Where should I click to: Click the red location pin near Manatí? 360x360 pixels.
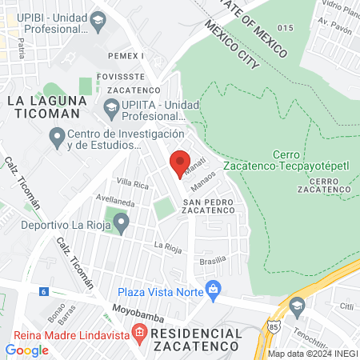click(179, 163)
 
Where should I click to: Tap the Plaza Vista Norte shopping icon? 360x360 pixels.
click(213, 288)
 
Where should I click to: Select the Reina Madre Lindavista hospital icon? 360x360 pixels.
click(140, 331)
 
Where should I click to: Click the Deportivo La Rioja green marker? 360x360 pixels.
click(120, 223)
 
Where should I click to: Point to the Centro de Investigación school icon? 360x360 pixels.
click(57, 139)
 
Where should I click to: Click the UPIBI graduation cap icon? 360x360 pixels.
click(98, 19)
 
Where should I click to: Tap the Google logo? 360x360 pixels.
click(26, 350)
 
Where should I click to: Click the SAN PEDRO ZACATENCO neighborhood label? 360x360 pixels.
click(208, 206)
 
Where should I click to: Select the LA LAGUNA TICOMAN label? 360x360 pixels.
click(42, 107)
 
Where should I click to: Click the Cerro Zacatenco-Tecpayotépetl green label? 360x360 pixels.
click(308, 161)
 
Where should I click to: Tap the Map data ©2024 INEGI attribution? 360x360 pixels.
click(312, 354)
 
